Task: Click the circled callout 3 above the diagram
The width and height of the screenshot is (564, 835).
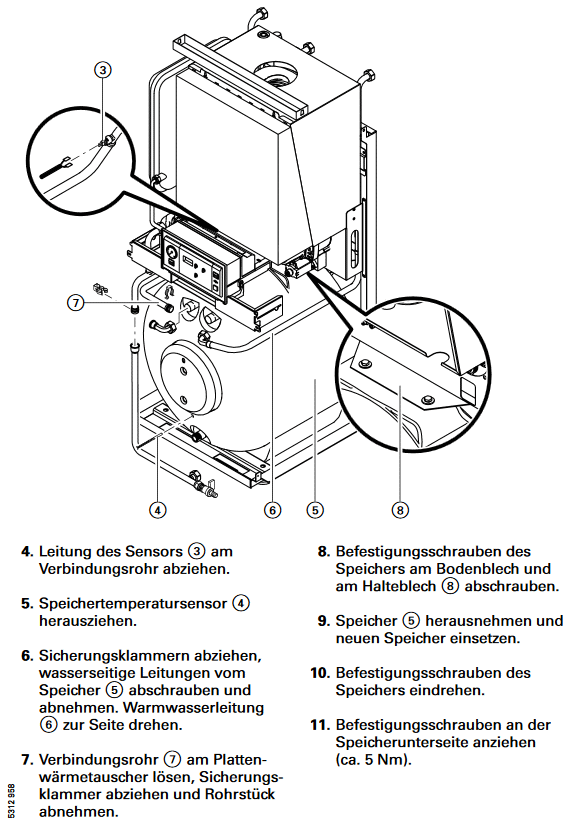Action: click(x=103, y=70)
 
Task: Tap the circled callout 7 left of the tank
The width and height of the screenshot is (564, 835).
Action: click(x=76, y=303)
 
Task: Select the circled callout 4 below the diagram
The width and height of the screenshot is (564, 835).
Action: click(x=157, y=510)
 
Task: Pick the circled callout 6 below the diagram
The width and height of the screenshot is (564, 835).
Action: click(x=272, y=510)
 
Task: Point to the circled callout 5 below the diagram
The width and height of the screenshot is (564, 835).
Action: click(x=315, y=510)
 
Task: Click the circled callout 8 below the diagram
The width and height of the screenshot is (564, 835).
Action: click(x=400, y=510)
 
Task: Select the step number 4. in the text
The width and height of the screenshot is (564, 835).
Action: click(x=27, y=551)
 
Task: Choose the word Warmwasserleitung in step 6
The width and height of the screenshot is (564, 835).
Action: click(x=193, y=708)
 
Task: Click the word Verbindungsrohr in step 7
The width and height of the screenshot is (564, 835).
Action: click(x=99, y=759)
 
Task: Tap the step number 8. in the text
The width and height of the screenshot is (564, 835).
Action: click(x=324, y=551)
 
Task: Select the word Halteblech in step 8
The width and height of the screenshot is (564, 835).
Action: click(x=399, y=586)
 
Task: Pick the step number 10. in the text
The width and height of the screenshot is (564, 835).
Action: click(x=321, y=673)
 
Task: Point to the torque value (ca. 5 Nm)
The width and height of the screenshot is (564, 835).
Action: click(x=374, y=759)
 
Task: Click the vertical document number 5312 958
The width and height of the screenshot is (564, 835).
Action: click(x=12, y=802)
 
